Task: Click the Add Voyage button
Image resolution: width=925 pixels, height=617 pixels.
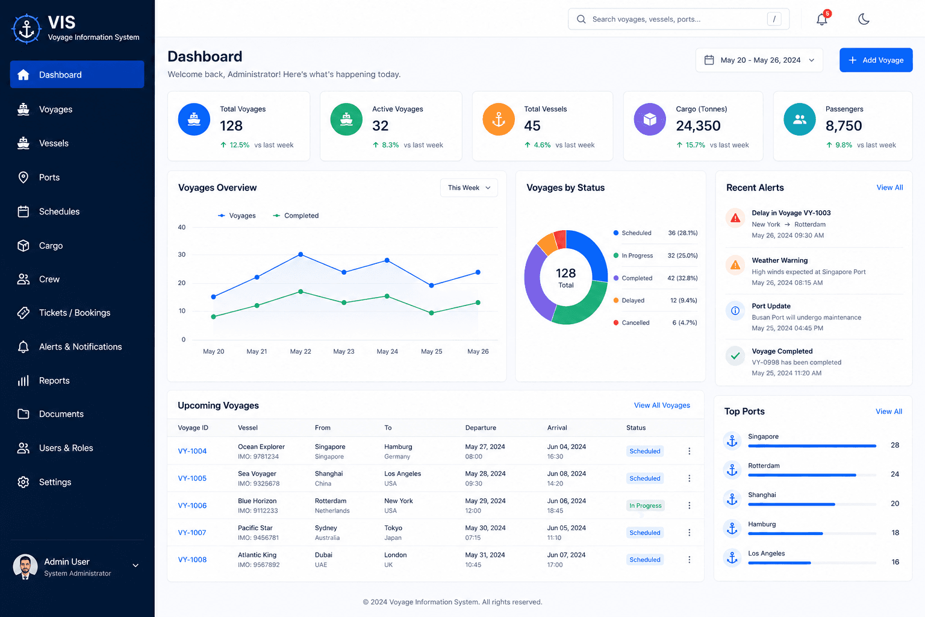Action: pos(876,60)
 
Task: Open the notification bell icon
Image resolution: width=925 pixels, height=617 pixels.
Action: pos(822,19)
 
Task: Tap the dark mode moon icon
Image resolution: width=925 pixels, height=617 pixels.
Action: pos(864,19)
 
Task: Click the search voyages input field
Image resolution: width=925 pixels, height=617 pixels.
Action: pos(679,19)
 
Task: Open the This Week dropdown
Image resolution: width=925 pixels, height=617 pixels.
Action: pos(469,187)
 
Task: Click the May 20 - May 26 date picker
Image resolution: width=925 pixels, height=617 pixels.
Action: pos(759,60)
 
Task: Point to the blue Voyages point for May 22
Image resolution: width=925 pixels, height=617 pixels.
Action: pos(301,254)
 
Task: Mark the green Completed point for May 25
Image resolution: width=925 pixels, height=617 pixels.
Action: pos(432,313)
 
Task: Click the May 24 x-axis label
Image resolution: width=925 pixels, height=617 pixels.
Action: pos(387,351)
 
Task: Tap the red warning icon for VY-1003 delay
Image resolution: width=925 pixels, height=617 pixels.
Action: pos(735,218)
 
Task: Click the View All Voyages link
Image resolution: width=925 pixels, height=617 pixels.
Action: pos(662,405)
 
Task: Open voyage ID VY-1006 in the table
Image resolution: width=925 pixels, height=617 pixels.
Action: pos(192,506)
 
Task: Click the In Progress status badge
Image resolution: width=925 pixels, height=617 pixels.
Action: pos(645,506)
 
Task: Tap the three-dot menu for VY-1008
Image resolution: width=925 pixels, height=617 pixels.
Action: pos(689,560)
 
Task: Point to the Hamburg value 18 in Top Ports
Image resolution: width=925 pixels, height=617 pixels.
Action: pos(895,533)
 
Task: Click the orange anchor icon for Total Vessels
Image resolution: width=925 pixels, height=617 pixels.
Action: pos(499,119)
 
